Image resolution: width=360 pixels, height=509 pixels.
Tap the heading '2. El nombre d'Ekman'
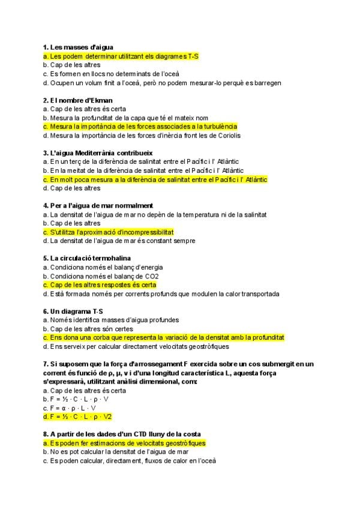78,100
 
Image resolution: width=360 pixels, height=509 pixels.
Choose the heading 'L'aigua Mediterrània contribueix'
98,152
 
